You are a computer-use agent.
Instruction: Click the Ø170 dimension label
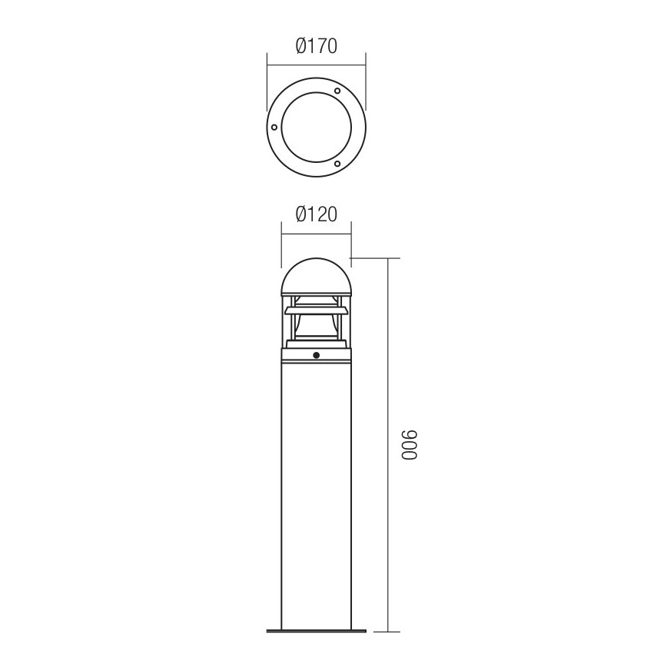tap(317, 46)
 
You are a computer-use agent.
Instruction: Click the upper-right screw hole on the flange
tap(337, 91)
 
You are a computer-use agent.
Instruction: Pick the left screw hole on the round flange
tap(274, 127)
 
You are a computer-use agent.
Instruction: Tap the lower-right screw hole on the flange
tap(337, 163)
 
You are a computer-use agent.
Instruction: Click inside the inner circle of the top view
tap(315, 128)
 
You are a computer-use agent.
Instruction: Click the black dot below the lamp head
tap(316, 355)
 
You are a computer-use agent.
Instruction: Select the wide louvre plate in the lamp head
tap(316, 310)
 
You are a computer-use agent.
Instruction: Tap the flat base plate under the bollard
tap(316, 632)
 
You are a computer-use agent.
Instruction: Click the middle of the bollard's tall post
tap(316, 492)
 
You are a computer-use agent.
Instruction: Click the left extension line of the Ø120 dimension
tap(281, 242)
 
